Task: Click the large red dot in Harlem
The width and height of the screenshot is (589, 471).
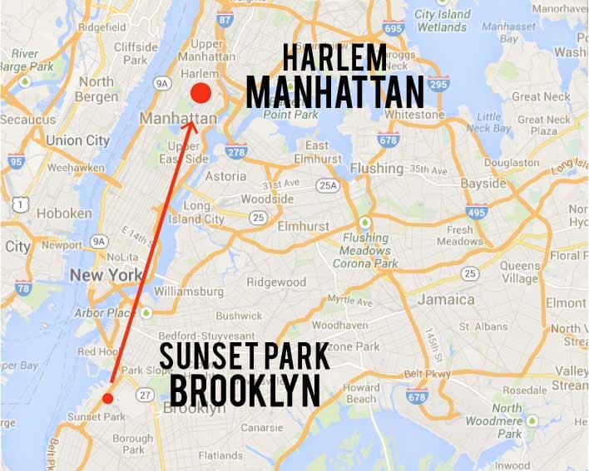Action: pyautogui.click(x=200, y=93)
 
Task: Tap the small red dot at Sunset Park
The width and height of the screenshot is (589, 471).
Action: pyautogui.click(x=107, y=399)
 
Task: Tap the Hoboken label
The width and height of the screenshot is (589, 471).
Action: pyautogui.click(x=64, y=213)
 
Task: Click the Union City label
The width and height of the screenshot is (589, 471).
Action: pyautogui.click(x=77, y=140)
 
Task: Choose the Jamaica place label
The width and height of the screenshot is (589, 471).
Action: pyautogui.click(x=446, y=299)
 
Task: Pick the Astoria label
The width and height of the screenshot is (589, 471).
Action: pyautogui.click(x=225, y=176)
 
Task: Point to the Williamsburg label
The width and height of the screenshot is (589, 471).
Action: pyautogui.click(x=189, y=292)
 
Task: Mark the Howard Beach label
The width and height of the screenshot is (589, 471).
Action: pyautogui.click(x=362, y=393)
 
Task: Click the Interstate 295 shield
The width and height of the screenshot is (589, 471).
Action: pyautogui.click(x=438, y=83)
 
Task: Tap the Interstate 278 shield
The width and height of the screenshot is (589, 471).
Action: pyautogui.click(x=235, y=151)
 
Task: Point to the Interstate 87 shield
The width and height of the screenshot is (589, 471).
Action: pyautogui.click(x=224, y=18)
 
